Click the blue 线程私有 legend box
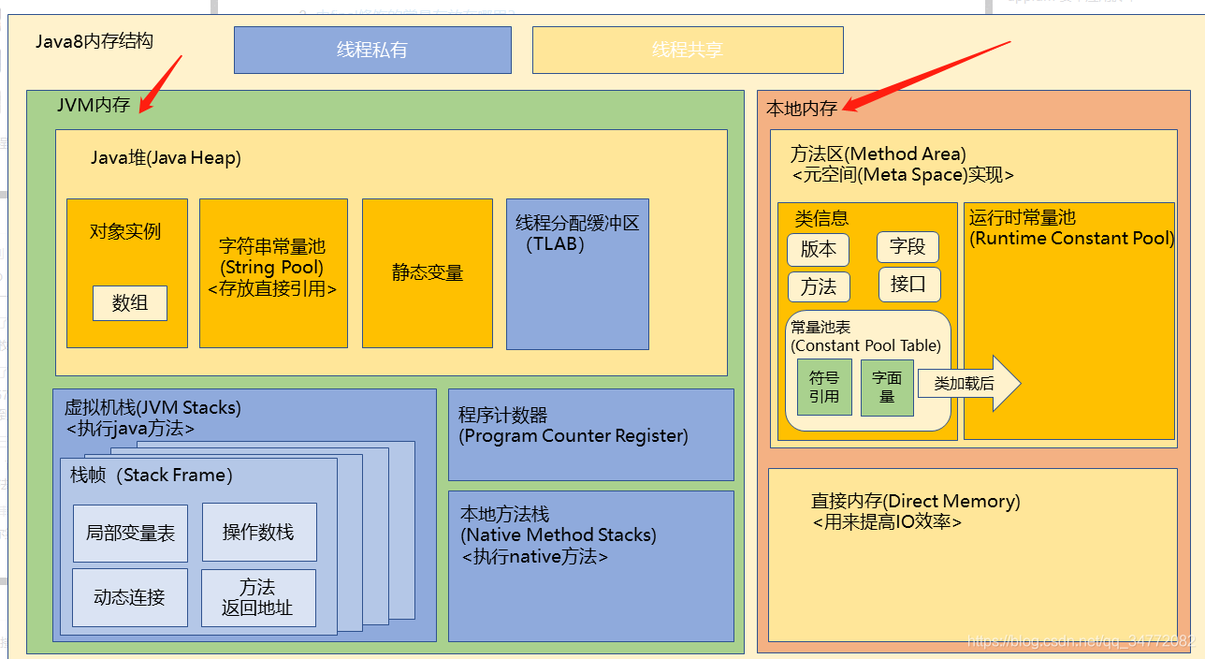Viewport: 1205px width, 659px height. click(372, 50)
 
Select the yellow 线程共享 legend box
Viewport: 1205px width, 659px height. click(688, 50)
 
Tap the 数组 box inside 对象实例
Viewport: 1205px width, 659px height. click(130, 303)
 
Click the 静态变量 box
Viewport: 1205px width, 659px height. click(428, 272)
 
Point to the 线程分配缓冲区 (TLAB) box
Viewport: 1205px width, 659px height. click(577, 273)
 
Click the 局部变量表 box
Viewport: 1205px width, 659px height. click(130, 533)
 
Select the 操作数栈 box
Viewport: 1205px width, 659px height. click(258, 532)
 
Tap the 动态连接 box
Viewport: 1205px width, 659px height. click(129, 596)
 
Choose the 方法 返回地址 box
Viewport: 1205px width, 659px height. click(257, 597)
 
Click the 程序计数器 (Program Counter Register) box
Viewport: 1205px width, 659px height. click(590, 434)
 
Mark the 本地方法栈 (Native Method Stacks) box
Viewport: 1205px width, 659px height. click(590, 565)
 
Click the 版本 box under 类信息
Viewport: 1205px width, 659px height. click(819, 250)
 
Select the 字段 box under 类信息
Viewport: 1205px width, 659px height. click(907, 247)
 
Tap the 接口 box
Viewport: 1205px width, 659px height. click(908, 285)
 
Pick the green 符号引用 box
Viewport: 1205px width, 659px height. click(824, 387)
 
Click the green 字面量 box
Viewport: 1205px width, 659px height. click(886, 387)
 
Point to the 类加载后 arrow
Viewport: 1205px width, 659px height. click(968, 384)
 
